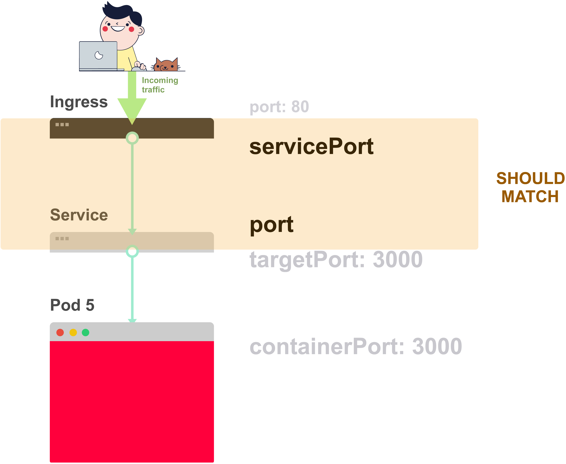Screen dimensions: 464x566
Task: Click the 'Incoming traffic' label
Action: [x=160, y=85]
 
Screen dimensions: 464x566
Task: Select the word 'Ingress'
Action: [x=79, y=102]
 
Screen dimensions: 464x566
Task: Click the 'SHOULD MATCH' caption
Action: [x=530, y=187]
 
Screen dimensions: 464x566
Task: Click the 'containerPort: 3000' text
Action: [x=356, y=346]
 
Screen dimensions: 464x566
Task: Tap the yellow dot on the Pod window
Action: [x=73, y=333]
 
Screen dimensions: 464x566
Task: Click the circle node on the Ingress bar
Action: [x=132, y=138]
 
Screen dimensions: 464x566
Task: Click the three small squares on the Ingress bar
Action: [x=62, y=125]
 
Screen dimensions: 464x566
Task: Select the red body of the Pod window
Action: [x=132, y=401]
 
